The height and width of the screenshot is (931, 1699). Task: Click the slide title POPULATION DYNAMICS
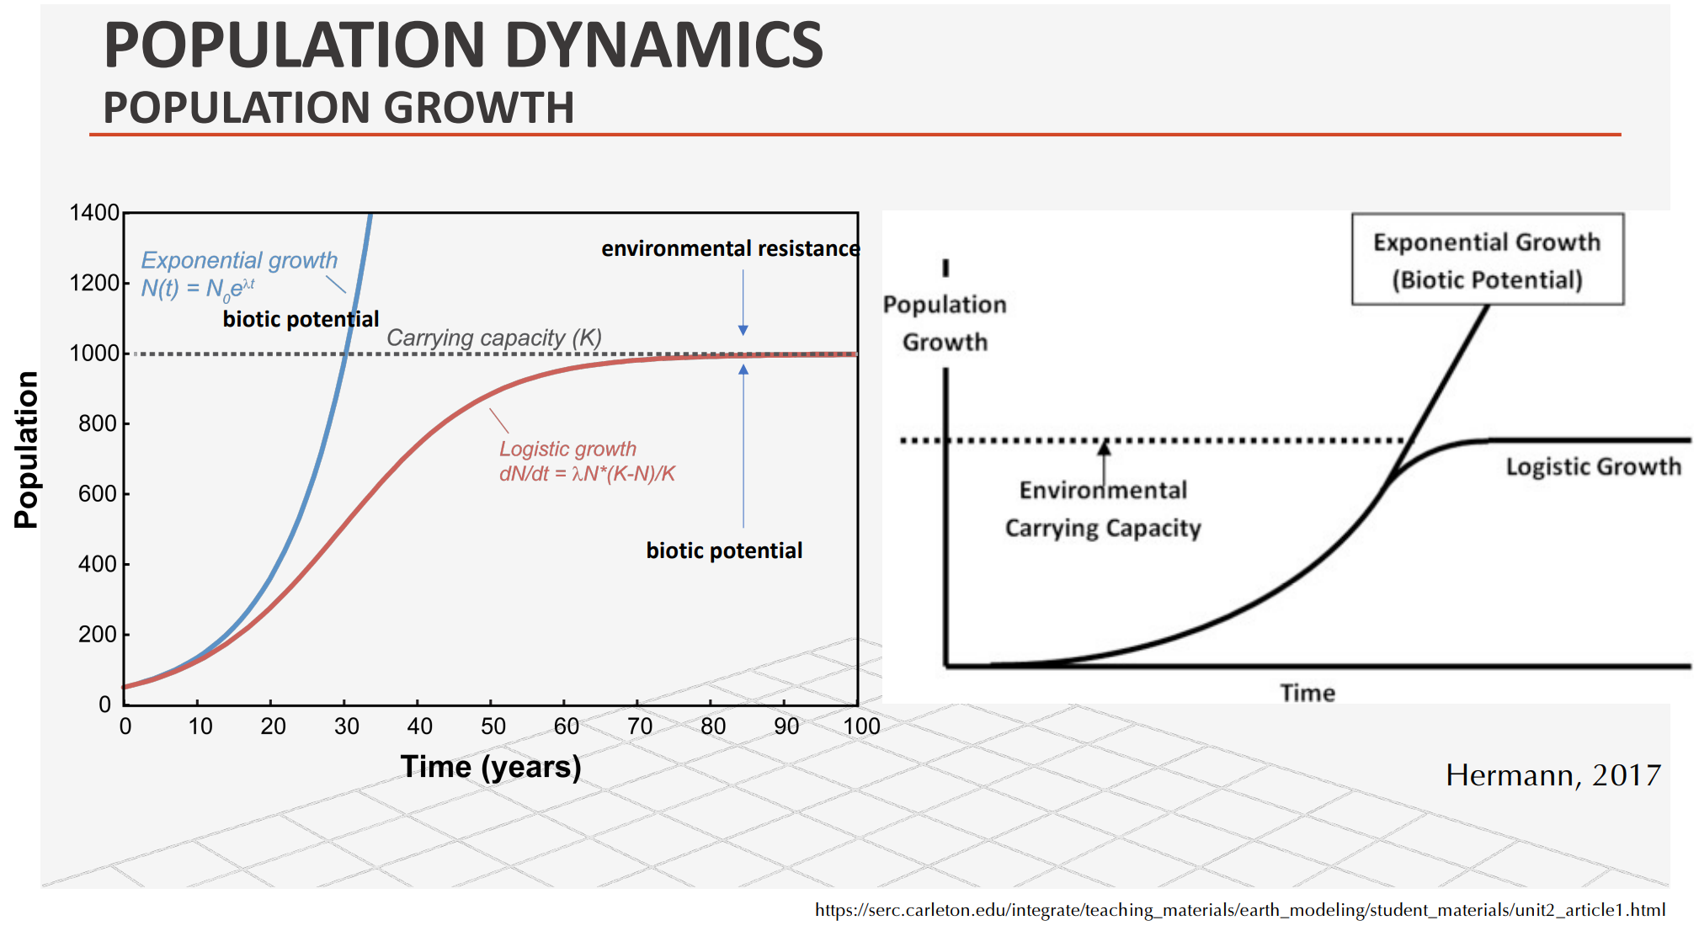click(463, 45)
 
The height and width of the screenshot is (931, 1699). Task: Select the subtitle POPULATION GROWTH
click(338, 108)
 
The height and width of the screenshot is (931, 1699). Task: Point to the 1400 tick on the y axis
click(94, 213)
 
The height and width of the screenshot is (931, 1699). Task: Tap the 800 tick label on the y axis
click(98, 423)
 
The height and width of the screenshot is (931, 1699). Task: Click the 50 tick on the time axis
click(493, 726)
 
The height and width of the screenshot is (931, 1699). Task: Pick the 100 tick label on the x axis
click(861, 726)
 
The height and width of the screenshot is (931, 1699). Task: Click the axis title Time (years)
click(491, 767)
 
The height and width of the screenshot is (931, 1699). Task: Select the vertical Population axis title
click(27, 450)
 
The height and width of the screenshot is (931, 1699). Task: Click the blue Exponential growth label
click(239, 261)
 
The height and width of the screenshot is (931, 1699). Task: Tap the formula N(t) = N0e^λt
click(198, 288)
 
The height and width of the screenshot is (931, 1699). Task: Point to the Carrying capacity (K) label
click(494, 338)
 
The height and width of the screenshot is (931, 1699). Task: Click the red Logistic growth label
click(567, 449)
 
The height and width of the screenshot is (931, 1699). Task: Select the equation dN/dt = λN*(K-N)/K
click(587, 474)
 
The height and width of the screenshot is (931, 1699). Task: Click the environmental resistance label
click(730, 248)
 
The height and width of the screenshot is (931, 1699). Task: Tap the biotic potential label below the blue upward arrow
click(724, 551)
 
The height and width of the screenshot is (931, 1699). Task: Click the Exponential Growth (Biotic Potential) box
click(1487, 259)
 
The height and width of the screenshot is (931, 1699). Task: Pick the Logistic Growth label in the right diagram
click(1593, 466)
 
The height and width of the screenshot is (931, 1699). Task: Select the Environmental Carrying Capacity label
click(1103, 508)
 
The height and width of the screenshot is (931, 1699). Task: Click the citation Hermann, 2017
click(1553, 774)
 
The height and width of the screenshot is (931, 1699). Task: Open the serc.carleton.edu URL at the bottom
click(1239, 910)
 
